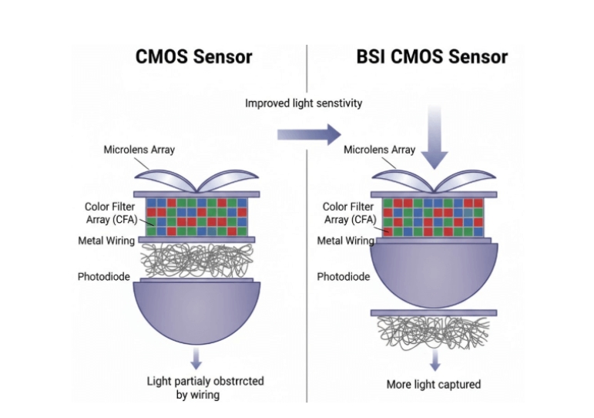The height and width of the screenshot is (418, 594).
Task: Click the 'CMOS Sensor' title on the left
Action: point(193,56)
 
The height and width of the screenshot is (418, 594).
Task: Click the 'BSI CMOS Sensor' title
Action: point(431,56)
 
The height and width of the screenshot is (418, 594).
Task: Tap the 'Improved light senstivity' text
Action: point(304,103)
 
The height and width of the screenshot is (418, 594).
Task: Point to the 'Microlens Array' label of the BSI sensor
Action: point(379,150)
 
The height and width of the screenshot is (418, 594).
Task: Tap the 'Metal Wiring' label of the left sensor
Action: point(106,241)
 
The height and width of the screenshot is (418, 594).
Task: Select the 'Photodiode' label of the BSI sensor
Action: point(343,276)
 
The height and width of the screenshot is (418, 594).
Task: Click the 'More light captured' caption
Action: point(433,384)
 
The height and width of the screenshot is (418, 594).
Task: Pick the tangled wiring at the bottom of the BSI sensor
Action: point(433,332)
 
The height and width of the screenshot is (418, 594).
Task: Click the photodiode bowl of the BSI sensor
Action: point(433,274)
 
